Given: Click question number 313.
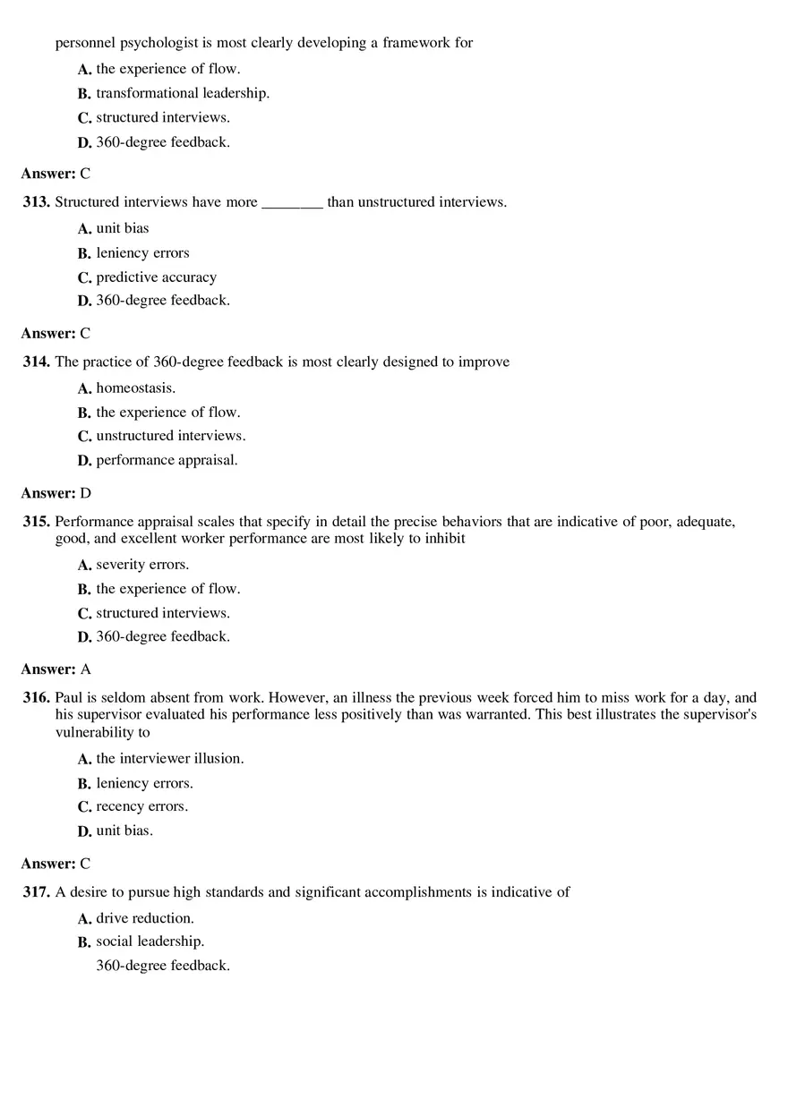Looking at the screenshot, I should [x=37, y=202].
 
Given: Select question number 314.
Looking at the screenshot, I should [x=37, y=362].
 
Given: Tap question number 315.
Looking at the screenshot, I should [x=37, y=522].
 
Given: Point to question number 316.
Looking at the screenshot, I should [x=37, y=698].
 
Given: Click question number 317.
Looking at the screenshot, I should [x=37, y=892].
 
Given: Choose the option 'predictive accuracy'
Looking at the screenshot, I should [x=156, y=277].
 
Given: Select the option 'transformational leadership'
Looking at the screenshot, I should [x=183, y=93].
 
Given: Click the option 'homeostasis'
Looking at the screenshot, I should [x=135, y=388].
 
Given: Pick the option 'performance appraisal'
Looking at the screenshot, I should [x=167, y=460].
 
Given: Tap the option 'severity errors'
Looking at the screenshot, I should [x=142, y=565].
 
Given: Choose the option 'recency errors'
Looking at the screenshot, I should [x=141, y=806].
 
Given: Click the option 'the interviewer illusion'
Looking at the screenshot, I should [x=170, y=759].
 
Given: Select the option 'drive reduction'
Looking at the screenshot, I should [x=145, y=918].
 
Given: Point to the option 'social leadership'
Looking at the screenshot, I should [x=150, y=941].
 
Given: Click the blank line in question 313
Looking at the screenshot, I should [x=292, y=204].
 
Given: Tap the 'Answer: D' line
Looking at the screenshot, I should [x=56, y=493].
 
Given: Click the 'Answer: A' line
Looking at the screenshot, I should [x=56, y=669].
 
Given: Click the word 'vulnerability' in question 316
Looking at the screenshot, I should [x=95, y=732].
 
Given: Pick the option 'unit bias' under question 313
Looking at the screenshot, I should [x=123, y=228].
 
